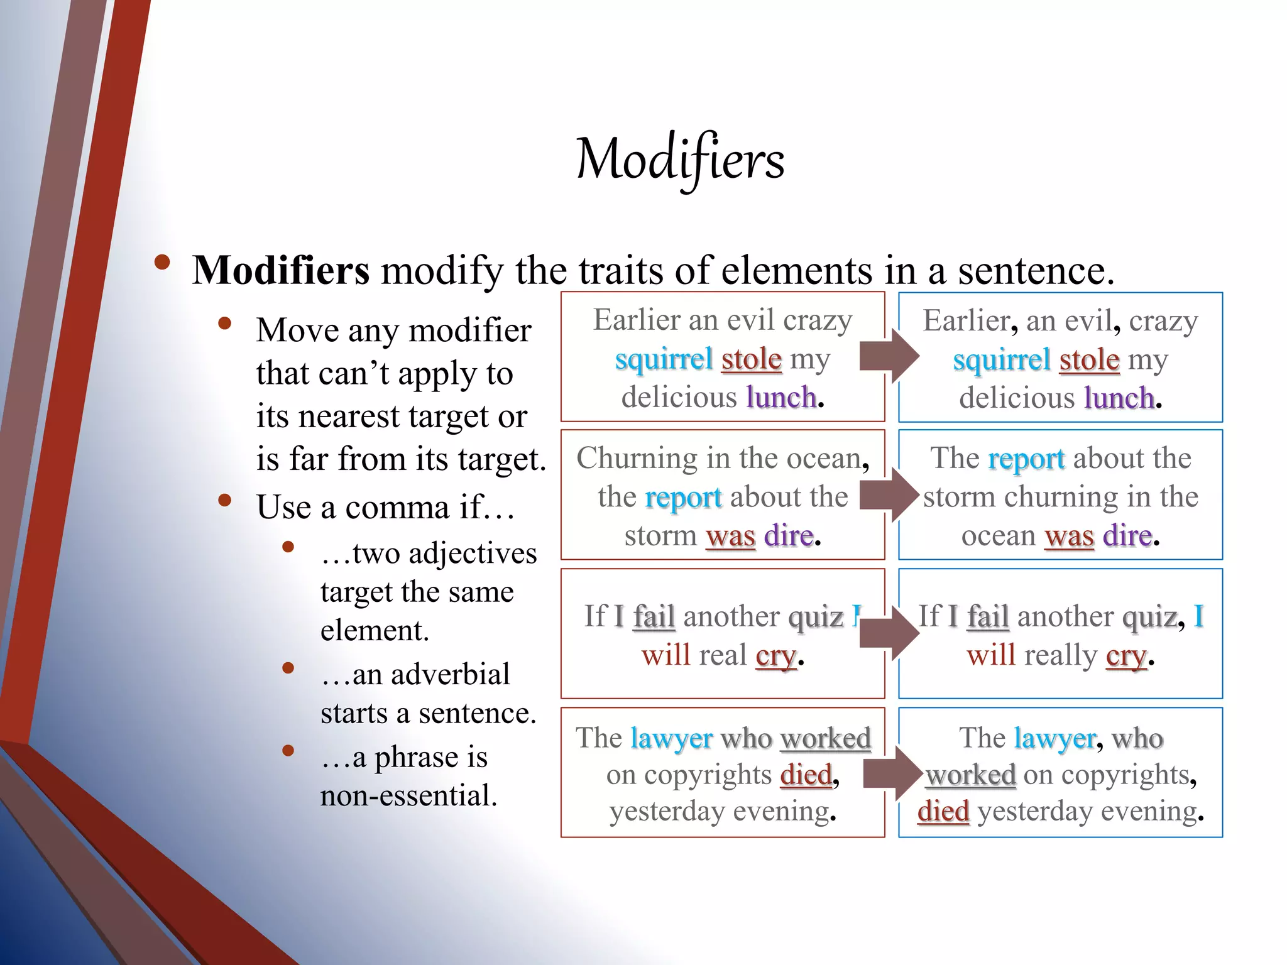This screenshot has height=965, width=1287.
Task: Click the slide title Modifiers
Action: (x=680, y=160)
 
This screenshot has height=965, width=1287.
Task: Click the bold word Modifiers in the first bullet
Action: (x=281, y=271)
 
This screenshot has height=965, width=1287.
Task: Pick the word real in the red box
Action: (x=723, y=655)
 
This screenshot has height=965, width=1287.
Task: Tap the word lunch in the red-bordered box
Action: (x=781, y=398)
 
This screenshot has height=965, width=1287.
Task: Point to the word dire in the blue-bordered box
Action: (x=1127, y=536)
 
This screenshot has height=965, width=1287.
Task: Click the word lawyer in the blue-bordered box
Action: (x=1054, y=738)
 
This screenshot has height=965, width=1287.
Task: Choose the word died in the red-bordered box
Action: (x=806, y=775)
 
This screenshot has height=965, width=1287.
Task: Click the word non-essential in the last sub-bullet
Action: (x=408, y=796)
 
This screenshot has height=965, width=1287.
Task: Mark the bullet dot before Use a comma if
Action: (x=224, y=501)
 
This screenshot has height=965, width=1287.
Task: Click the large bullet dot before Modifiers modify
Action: (x=162, y=263)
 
